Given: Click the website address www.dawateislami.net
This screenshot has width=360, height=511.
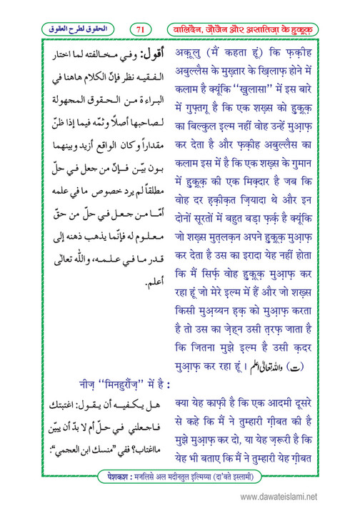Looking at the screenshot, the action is (x=304, y=493).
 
